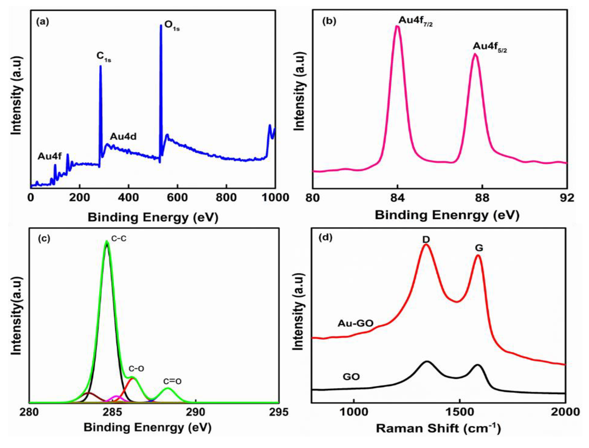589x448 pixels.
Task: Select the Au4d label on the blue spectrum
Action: (x=123, y=136)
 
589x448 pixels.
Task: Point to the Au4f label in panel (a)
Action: (x=50, y=156)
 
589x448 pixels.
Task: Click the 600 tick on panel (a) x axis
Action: (x=177, y=198)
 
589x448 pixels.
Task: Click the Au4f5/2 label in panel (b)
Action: (x=490, y=47)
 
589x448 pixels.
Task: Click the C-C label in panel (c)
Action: (x=118, y=239)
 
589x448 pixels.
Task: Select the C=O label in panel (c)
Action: (x=172, y=382)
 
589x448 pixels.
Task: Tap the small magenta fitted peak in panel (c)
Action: (x=116, y=397)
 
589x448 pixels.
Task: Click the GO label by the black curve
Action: (x=351, y=377)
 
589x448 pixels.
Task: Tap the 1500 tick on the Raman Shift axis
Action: (x=459, y=412)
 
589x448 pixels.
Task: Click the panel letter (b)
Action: (x=329, y=21)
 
